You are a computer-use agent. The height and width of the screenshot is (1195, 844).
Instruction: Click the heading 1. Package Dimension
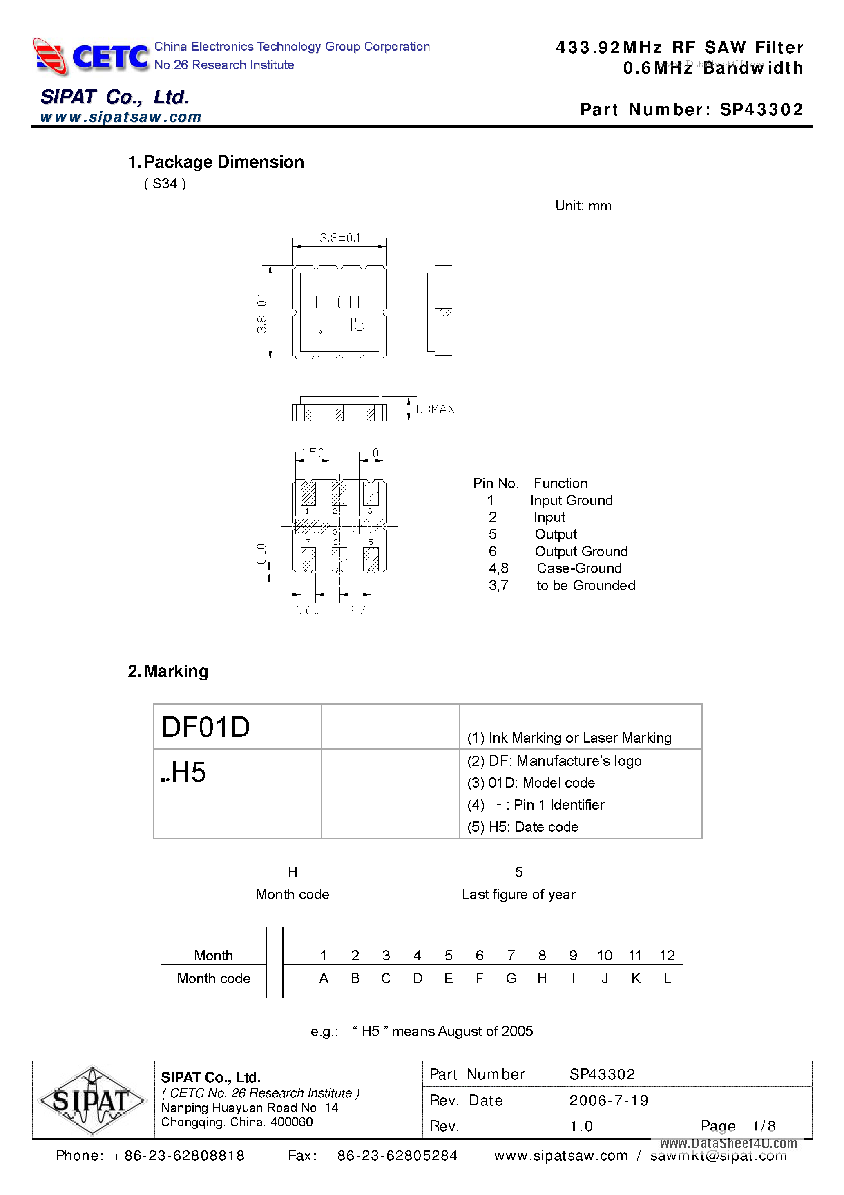click(x=217, y=162)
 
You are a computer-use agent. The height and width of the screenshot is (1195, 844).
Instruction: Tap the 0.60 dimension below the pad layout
click(x=308, y=610)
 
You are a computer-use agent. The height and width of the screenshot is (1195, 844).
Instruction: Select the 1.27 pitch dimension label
click(x=354, y=610)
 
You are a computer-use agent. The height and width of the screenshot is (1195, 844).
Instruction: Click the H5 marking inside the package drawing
click(x=353, y=325)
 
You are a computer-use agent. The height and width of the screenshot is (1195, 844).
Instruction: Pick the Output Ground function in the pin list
click(x=581, y=551)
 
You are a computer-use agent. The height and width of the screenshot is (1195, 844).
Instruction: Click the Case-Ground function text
click(x=579, y=568)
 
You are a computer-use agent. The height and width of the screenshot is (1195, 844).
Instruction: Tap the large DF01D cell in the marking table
click(x=206, y=727)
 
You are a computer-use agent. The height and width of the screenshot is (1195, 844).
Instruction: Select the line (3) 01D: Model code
click(x=531, y=783)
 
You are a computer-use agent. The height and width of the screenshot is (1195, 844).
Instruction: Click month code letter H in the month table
click(x=542, y=978)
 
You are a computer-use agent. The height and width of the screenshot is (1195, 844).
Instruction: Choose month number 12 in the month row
click(x=667, y=956)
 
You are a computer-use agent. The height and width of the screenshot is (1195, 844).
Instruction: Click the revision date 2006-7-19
click(x=609, y=1100)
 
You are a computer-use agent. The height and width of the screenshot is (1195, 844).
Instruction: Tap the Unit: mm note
click(x=583, y=206)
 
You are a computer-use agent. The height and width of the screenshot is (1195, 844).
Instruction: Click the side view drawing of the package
click(x=440, y=312)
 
